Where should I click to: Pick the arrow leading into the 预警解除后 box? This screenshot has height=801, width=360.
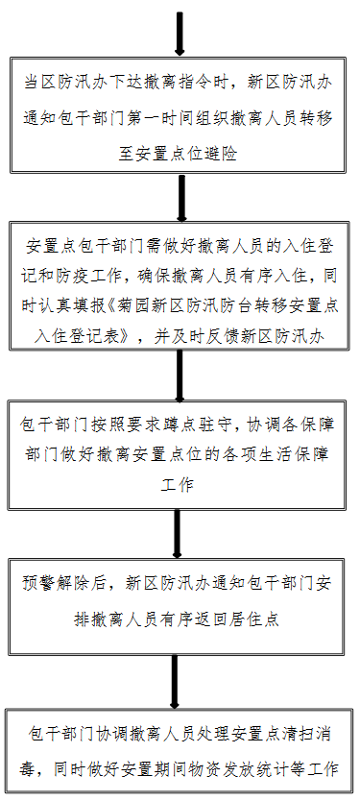(x=180, y=533)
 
